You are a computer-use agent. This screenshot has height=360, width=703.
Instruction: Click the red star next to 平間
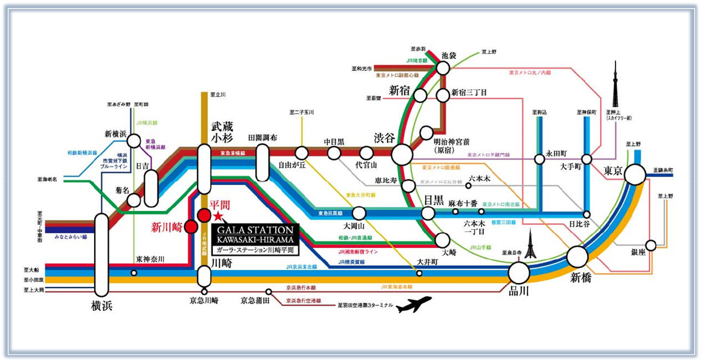tap(218, 217)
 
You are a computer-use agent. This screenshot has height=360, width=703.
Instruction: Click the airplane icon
tap(414, 304)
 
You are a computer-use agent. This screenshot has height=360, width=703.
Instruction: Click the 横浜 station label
tap(101, 305)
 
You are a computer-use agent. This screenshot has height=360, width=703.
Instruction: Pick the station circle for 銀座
tap(651, 245)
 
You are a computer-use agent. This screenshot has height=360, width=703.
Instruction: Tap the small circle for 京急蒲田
tap(268, 292)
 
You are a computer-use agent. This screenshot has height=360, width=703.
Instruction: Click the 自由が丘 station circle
tap(301, 153)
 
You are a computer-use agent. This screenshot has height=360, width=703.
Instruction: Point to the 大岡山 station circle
tap(360, 213)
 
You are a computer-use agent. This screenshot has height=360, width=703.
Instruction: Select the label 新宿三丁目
tap(469, 92)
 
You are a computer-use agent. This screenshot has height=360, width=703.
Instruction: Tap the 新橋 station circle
tap(577, 256)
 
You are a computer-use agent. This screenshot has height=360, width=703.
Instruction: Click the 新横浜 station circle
tap(134, 141)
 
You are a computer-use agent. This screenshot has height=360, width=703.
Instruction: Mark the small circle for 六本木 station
tap(468, 186)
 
